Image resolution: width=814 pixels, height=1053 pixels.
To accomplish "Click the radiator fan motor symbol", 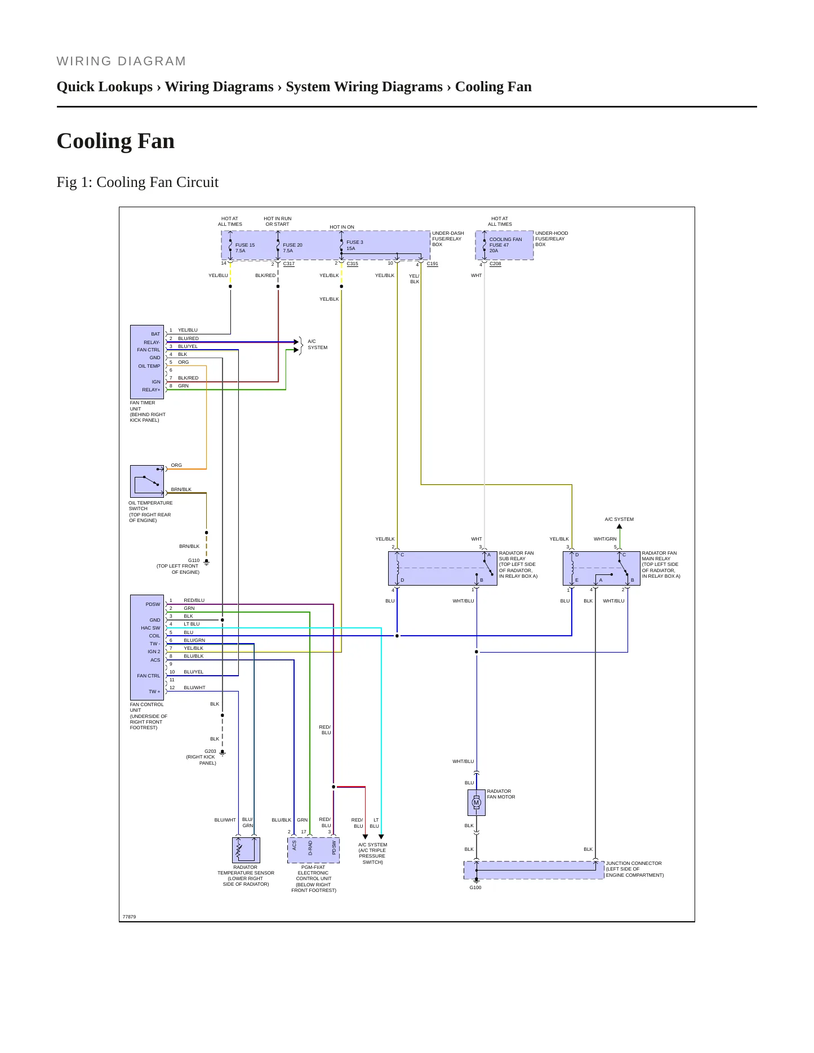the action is tap(476, 802).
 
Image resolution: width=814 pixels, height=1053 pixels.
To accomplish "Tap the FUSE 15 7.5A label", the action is tap(245, 248).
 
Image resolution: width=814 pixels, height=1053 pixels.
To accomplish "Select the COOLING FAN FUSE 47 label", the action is tap(505, 242).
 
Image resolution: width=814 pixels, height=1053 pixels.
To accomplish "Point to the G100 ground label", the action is tap(475, 887).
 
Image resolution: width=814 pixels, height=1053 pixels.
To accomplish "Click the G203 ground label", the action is tap(210, 751).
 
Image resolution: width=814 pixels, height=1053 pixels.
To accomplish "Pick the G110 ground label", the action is tap(194, 560).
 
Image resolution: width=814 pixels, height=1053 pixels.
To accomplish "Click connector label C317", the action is tap(289, 264).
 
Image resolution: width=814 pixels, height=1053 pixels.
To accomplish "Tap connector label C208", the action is tap(495, 264).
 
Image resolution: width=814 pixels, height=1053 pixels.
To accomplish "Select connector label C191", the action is tap(433, 264).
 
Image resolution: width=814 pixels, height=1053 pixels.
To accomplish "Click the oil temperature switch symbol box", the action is tap(147, 481).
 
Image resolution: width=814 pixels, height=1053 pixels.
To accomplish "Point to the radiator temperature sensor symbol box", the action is tap(246, 850).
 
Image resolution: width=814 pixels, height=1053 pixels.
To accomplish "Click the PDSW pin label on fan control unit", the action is tap(153, 604).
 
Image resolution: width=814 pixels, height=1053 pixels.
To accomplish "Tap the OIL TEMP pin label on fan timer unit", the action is tap(149, 366).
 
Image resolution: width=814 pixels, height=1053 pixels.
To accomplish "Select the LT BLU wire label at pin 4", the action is tap(192, 624).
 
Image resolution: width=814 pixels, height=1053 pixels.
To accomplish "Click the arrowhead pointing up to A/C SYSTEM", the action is tap(620, 527).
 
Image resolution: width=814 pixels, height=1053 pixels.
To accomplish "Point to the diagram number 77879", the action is tap(129, 917).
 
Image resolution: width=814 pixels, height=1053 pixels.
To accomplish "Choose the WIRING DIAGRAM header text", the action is tap(121, 61).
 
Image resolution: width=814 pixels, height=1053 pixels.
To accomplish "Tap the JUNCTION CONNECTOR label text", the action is tap(634, 863).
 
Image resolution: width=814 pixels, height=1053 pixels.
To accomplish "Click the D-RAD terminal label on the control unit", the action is tap(310, 848).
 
